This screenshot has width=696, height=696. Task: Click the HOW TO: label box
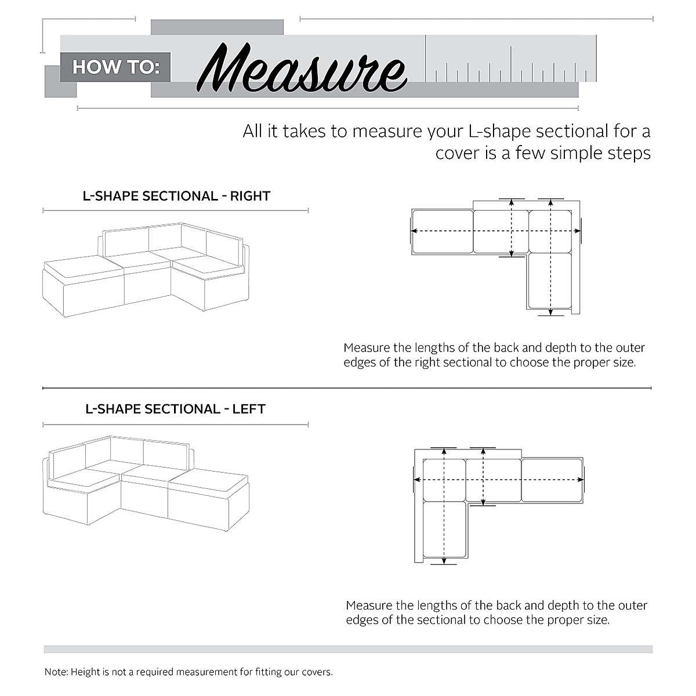pyautogui.click(x=115, y=67)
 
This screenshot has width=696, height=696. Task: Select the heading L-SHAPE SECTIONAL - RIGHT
pyautogui.click(x=176, y=196)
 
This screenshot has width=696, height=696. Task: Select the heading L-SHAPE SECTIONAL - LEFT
pyautogui.click(x=175, y=409)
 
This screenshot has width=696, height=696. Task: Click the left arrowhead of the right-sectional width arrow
pyautogui.click(x=413, y=231)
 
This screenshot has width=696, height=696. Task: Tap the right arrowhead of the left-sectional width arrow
pyautogui.click(x=582, y=480)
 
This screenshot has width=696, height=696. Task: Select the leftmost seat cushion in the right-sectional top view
pyautogui.click(x=443, y=231)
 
